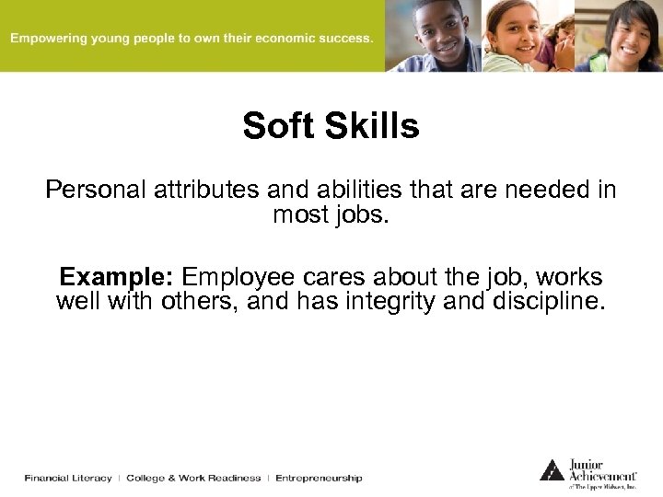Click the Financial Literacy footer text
coord(68,478)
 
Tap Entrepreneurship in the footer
coord(319,478)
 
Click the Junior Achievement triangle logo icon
coord(552,470)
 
